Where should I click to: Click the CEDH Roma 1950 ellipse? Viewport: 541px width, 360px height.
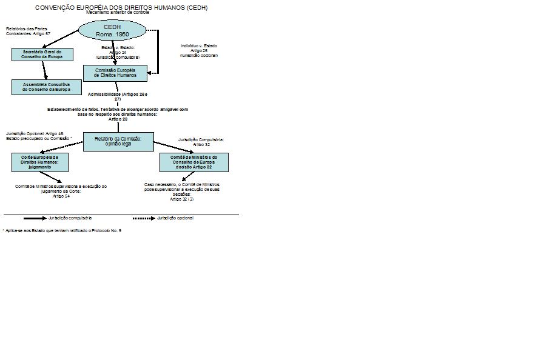pyautogui.click(x=112, y=31)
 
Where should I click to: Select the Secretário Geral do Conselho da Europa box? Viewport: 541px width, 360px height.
pyautogui.click(x=42, y=55)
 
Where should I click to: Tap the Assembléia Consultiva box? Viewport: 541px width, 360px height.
pyautogui.click(x=47, y=87)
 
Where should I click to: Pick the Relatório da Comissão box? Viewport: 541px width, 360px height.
pyautogui.click(x=118, y=141)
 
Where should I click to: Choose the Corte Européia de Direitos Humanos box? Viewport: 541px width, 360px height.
pyautogui.click(x=40, y=162)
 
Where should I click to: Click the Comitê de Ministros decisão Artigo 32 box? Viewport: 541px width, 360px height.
pyautogui.click(x=193, y=162)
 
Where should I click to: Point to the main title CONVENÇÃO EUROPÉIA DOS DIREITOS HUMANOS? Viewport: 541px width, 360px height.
pyautogui.click(x=121, y=8)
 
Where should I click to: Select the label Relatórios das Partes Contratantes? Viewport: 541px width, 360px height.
pyautogui.click(x=28, y=31)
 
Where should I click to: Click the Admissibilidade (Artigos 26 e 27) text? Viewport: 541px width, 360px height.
pyautogui.click(x=118, y=97)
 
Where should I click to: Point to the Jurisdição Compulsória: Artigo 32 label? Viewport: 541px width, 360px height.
pyautogui.click(x=201, y=142)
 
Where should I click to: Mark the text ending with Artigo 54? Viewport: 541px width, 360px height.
pyautogui.click(x=61, y=191)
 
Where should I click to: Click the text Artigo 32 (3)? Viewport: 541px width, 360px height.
pyautogui.click(x=182, y=199)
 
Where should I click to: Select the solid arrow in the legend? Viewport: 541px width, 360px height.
pyautogui.click(x=35, y=217)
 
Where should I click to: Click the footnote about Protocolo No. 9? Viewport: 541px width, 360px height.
pyautogui.click(x=62, y=230)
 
